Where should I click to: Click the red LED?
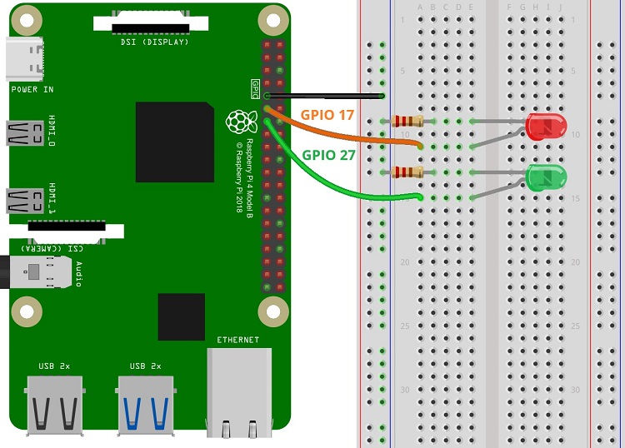coord(547,127)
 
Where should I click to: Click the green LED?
coord(547,177)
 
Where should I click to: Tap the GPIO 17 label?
coord(326,116)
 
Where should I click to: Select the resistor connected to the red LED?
coord(407,122)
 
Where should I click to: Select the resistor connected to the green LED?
coord(407,172)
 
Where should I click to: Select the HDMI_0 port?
coord(25,132)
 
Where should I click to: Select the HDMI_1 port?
coord(25,200)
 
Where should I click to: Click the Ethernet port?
coord(239,391)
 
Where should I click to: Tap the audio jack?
coord(37,271)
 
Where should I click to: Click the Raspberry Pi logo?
coord(239,121)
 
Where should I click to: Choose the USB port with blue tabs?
coord(147,404)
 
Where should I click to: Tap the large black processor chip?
coord(174,142)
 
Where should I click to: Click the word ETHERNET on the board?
coord(237,340)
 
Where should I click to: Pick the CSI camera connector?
coord(75,231)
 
